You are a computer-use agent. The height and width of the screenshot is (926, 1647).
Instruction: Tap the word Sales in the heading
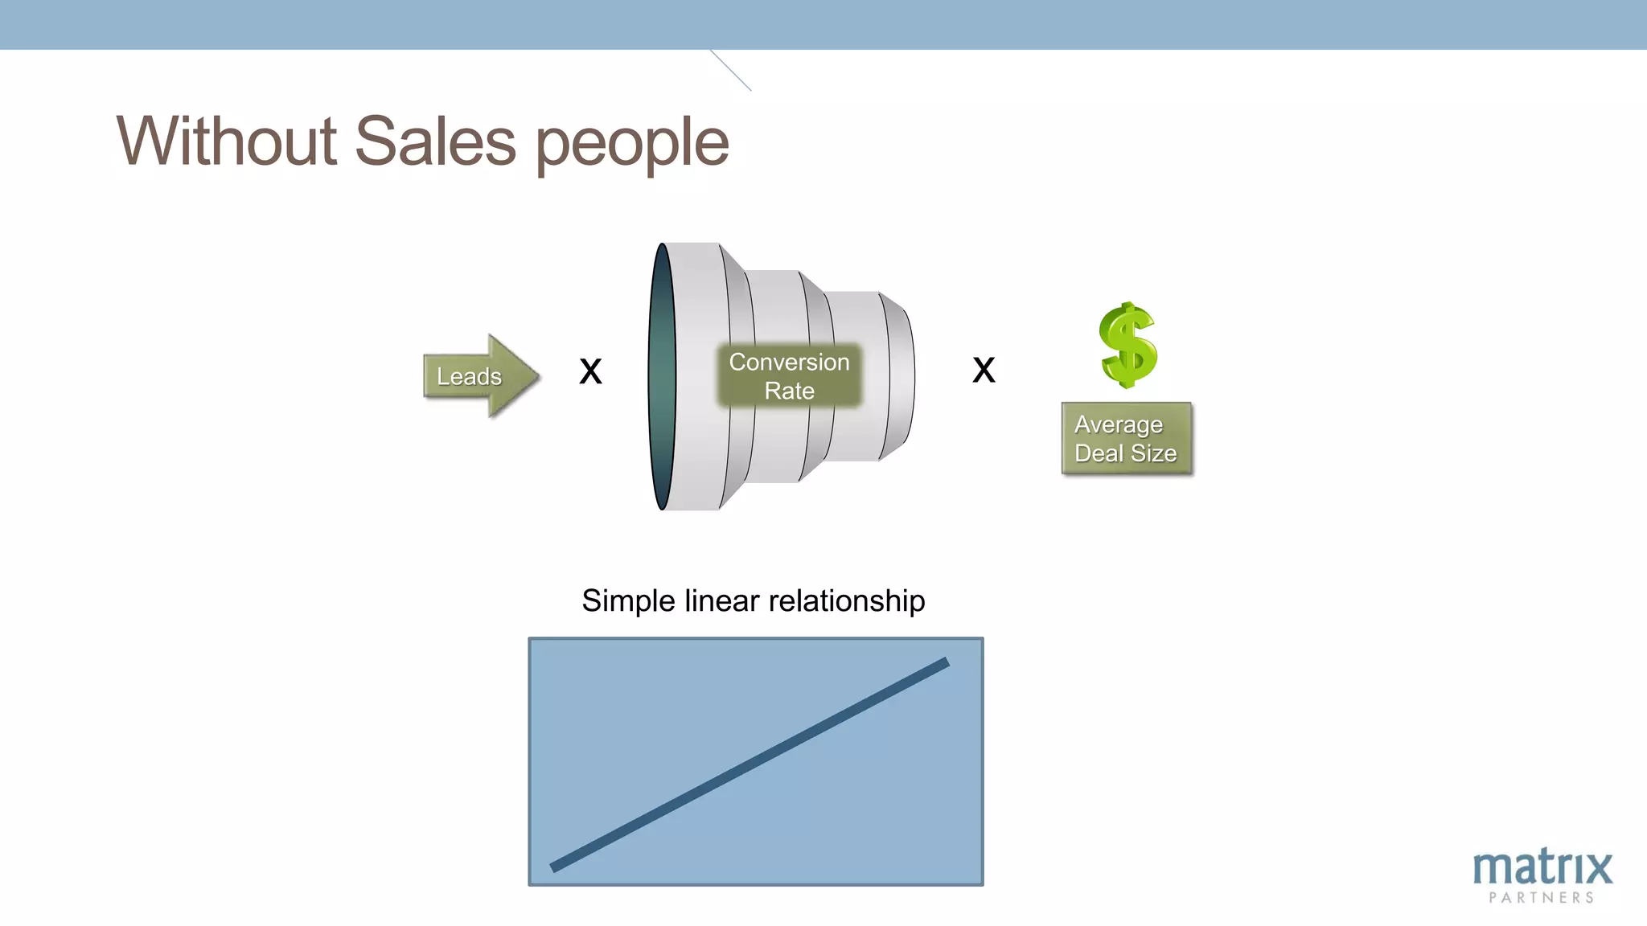[x=434, y=141]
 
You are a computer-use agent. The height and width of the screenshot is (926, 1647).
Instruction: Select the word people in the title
[x=632, y=145]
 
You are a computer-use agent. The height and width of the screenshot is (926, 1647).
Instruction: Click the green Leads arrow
[x=479, y=376]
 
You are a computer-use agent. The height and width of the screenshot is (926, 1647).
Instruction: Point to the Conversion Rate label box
[x=789, y=376]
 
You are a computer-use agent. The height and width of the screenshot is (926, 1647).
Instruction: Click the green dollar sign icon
[x=1127, y=346]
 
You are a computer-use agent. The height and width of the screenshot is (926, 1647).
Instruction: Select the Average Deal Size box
[x=1126, y=439]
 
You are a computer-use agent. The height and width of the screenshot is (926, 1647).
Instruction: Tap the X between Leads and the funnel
[x=590, y=371]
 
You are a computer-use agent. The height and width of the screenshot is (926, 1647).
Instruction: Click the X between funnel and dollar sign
[x=984, y=370]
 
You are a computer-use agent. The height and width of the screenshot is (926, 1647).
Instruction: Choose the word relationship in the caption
[x=846, y=601]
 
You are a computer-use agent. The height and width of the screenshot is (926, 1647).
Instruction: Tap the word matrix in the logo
[x=1542, y=867]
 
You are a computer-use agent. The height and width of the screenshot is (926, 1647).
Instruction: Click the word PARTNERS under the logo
[x=1542, y=898]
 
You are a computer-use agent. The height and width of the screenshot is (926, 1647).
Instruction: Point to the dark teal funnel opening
[x=661, y=376]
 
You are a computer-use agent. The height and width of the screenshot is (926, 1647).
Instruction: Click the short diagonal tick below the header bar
[x=730, y=71]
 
